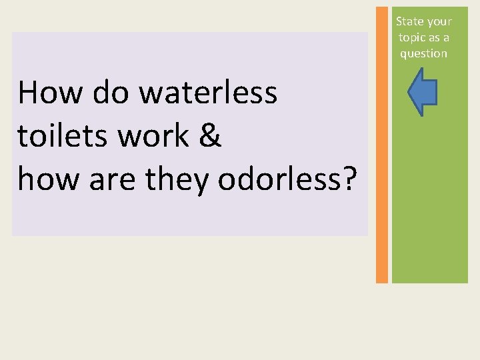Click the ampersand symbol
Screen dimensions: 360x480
pos(209,135)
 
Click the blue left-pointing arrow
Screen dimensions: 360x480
pos(423,93)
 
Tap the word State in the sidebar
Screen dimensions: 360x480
pos(409,21)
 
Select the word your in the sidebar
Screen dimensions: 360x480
pos(439,22)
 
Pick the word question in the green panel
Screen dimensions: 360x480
pos(423,54)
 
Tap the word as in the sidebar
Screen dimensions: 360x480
pos(435,38)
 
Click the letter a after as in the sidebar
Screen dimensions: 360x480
pos(446,38)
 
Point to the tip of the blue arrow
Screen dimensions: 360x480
pos(409,93)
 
